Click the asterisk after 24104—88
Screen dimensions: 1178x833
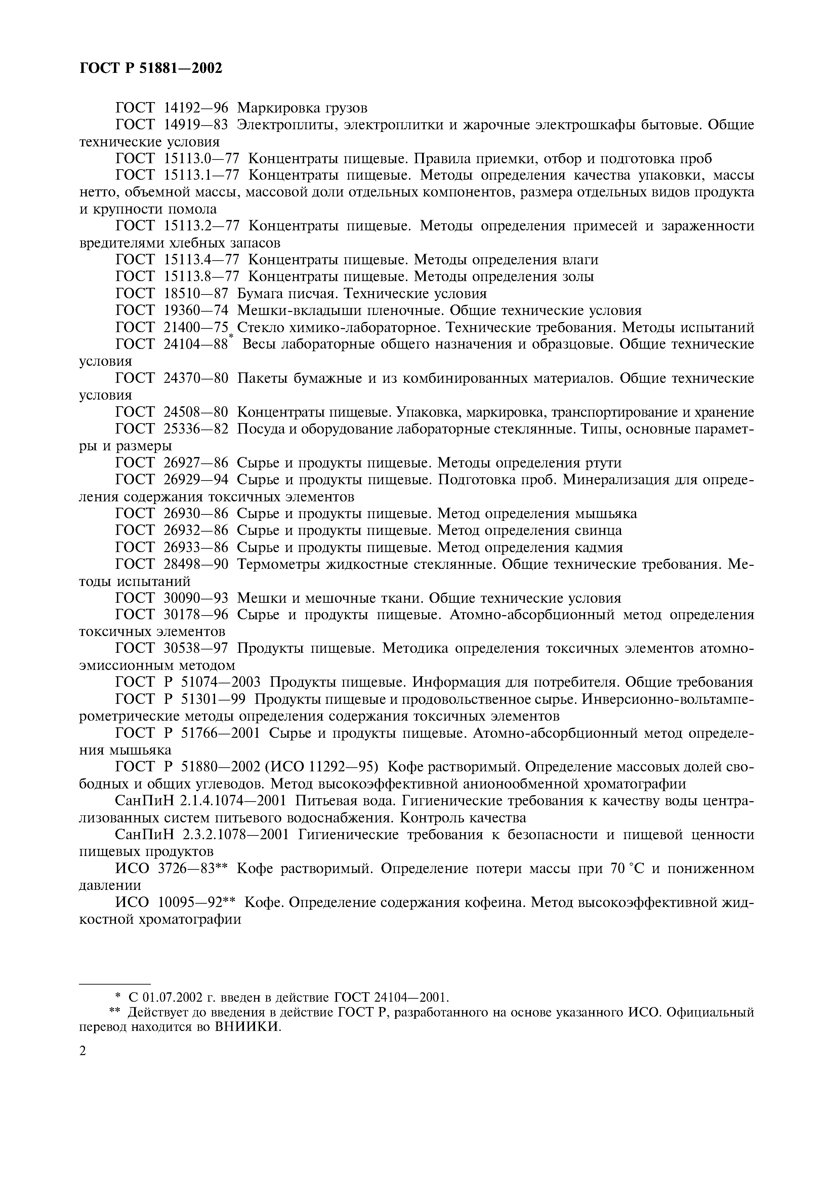[231, 336]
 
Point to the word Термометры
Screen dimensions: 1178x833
[280, 564]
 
